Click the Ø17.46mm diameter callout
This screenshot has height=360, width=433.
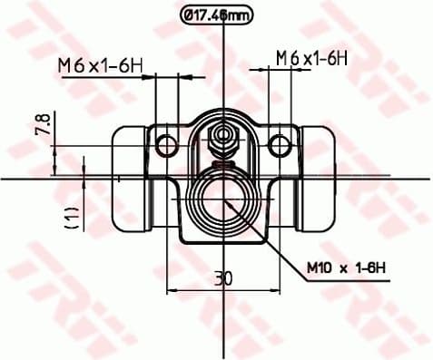tap(216, 15)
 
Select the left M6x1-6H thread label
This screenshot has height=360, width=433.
tap(101, 64)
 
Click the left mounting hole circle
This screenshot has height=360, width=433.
tap(165, 143)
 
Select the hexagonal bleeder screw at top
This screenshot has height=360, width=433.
tap(222, 139)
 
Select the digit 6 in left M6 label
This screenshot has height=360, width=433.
tap(78, 64)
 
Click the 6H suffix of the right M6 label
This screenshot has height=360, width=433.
tap(340, 57)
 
